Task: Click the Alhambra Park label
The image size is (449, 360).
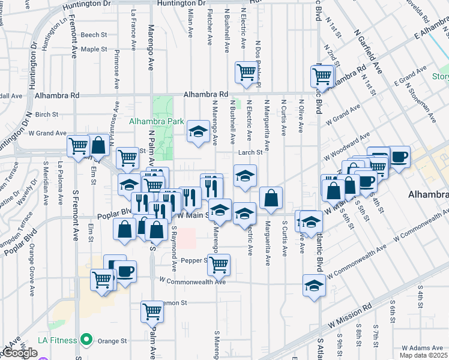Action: [156, 121]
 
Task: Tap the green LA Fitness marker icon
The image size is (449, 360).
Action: [86, 340]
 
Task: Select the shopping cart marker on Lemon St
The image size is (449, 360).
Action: [152, 311]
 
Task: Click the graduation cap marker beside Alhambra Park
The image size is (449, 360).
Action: [197, 131]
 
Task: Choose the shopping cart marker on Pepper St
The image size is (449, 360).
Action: [218, 263]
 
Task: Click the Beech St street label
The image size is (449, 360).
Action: [94, 35]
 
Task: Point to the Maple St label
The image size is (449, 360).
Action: [94, 49]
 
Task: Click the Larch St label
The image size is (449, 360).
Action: [254, 152]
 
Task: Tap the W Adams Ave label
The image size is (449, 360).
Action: [421, 348]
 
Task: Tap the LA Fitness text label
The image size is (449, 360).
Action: [58, 340]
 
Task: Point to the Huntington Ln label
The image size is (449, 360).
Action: [55, 29]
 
